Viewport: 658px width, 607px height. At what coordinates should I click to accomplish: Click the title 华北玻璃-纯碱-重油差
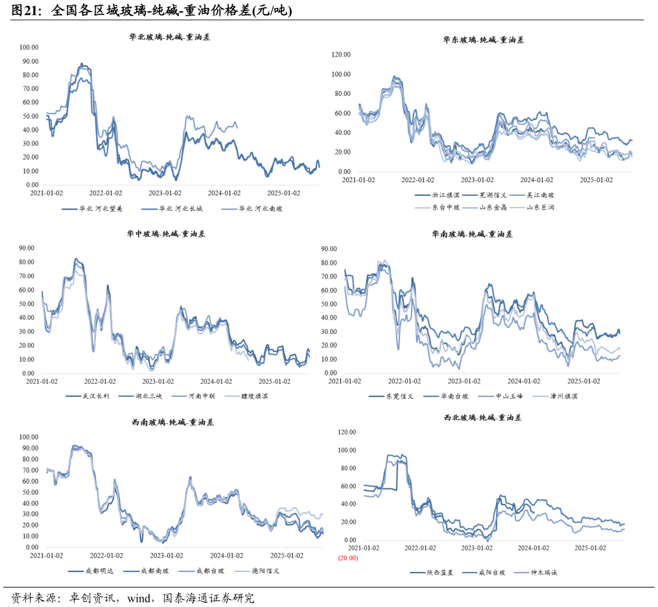pos(170,38)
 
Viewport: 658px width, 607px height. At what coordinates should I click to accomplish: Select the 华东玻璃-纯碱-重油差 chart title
pos(483,40)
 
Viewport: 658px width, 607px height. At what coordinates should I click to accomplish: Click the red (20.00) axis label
pos(347,558)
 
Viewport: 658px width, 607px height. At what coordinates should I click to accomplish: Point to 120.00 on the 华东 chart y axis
pos(342,55)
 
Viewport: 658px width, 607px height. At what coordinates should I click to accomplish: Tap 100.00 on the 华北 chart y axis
pos(29,47)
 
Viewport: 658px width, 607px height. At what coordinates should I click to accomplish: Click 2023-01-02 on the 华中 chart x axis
pos(158,382)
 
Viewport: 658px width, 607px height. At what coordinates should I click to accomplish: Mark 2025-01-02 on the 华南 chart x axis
pos(584,381)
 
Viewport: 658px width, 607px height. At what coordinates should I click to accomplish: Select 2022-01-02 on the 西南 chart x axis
pos(106,555)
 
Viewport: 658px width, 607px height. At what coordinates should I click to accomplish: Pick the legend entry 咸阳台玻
pos(491,573)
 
